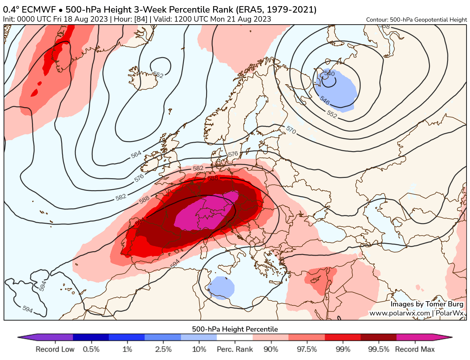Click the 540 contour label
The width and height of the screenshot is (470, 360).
click(329, 74)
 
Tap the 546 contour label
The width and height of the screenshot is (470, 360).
click(325, 100)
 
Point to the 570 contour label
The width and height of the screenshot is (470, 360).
click(291, 130)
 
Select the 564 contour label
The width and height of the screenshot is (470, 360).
click(136, 154)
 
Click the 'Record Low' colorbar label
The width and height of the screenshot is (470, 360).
click(55, 349)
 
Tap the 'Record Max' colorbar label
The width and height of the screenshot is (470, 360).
click(415, 349)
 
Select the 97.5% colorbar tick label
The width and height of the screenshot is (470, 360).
click(307, 349)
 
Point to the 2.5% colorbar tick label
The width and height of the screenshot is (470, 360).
click(163, 349)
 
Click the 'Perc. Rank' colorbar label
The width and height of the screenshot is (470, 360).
click(235, 349)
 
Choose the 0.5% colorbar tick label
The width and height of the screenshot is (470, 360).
click(91, 349)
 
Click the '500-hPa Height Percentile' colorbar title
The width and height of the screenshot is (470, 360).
click(235, 329)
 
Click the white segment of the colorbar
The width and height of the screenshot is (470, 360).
click(235, 337)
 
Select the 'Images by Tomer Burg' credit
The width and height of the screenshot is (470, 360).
click(427, 304)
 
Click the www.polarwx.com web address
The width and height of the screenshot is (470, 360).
click(399, 313)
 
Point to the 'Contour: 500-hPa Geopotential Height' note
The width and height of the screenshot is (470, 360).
click(416, 20)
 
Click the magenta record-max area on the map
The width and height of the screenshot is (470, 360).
click(207, 213)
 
